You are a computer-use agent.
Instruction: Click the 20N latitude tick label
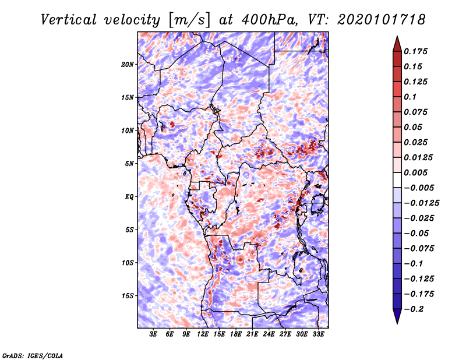coord(127,64)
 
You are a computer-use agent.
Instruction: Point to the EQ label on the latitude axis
coord(129,197)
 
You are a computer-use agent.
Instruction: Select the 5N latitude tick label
coord(129,164)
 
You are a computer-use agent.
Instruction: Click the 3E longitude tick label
coord(153,334)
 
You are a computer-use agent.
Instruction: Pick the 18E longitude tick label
coord(236,334)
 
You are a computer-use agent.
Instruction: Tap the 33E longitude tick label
coord(318,334)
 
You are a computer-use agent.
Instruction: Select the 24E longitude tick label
coord(269,334)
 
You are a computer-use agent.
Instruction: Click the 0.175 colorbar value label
coord(415,51)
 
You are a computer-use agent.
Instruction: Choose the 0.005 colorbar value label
coord(415,172)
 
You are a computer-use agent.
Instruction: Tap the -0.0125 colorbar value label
coord(421,203)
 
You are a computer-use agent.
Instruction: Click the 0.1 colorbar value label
coord(410,97)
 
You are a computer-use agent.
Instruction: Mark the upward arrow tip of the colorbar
coord(397,36)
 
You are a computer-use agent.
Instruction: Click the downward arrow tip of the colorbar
coord(397,324)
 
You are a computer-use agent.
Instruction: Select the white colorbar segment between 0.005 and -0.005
coord(397,180)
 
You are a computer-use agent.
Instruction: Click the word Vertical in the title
coord(69,20)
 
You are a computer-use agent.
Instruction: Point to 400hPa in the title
coord(270,20)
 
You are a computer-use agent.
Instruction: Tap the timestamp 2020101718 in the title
coord(382,20)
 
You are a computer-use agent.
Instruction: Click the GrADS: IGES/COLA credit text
coord(33,356)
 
